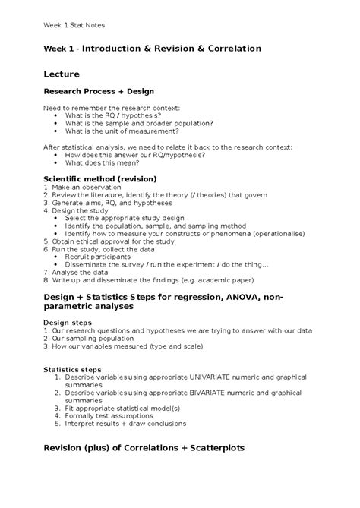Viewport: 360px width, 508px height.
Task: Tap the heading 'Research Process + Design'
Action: click(x=98, y=91)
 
